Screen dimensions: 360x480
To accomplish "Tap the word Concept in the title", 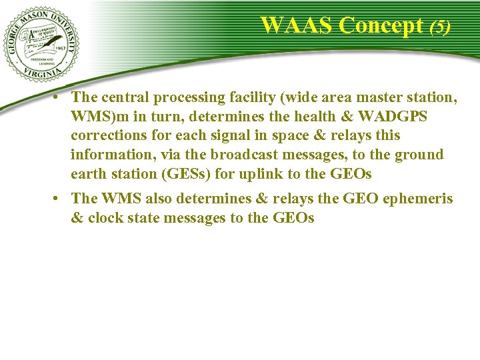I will (381, 25).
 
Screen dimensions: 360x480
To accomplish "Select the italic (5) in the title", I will (439, 27).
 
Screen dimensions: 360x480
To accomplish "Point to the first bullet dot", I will (59, 97).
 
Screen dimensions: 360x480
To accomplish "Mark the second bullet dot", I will (59, 198).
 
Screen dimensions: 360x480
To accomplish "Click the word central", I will (125, 98).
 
